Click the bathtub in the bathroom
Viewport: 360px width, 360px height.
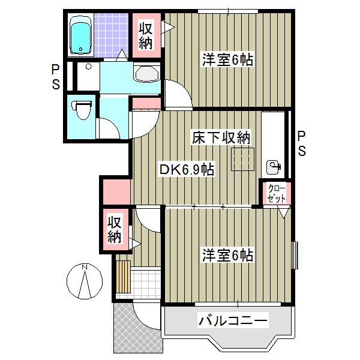80,35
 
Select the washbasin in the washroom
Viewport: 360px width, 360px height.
146,74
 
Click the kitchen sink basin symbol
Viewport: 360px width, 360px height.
274,166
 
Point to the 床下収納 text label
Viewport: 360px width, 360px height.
220,137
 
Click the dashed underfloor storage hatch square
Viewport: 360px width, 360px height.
244,159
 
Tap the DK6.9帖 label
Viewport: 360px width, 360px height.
186,169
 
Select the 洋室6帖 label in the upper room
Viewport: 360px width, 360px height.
226,60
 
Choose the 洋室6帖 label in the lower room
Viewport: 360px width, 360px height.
226,255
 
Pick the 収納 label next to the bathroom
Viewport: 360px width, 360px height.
146,35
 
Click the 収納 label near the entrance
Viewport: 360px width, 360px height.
114,229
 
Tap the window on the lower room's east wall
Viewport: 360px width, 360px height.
294,255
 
